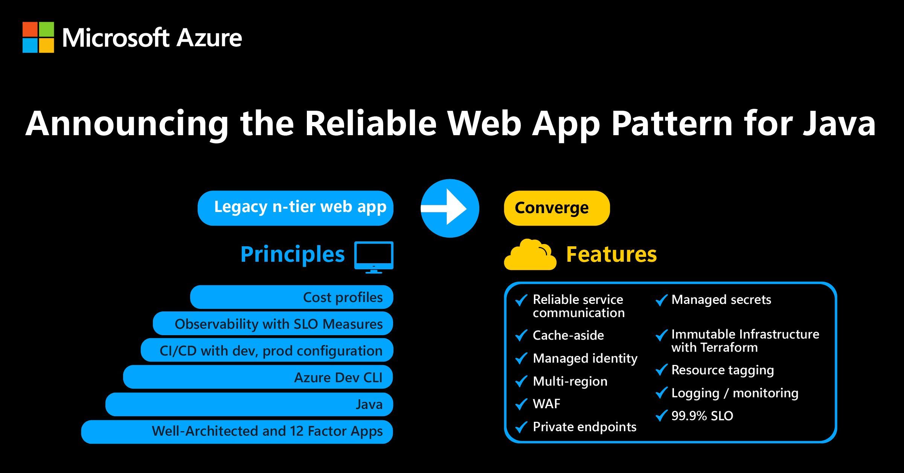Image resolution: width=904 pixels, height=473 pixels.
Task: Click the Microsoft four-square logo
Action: click(38, 37)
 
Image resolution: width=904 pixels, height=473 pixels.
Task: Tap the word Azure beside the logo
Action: click(209, 38)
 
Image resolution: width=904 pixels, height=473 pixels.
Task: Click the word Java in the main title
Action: click(839, 124)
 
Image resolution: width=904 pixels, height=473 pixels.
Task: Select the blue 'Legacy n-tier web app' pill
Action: click(295, 208)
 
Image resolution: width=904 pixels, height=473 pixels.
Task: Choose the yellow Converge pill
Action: click(556, 208)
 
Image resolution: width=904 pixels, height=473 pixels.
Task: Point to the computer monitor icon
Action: click(373, 257)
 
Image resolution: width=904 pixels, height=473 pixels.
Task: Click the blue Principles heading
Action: click(292, 255)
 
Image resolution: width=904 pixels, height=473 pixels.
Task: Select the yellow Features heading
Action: click(611, 254)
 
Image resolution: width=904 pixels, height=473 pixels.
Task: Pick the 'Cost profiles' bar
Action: click(291, 297)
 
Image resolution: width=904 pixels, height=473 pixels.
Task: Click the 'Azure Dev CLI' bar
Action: click(258, 377)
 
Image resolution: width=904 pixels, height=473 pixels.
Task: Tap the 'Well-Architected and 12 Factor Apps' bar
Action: click(237, 432)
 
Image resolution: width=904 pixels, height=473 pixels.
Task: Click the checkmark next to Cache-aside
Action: click(521, 335)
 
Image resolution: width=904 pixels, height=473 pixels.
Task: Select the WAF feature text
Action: click(546, 404)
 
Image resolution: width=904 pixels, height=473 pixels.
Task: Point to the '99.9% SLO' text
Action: click(702, 416)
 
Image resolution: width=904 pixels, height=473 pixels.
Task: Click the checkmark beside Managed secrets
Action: click(662, 300)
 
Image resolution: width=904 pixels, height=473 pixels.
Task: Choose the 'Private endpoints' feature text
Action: click(584, 427)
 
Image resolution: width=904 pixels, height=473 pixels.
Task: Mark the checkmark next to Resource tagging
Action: click(662, 370)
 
